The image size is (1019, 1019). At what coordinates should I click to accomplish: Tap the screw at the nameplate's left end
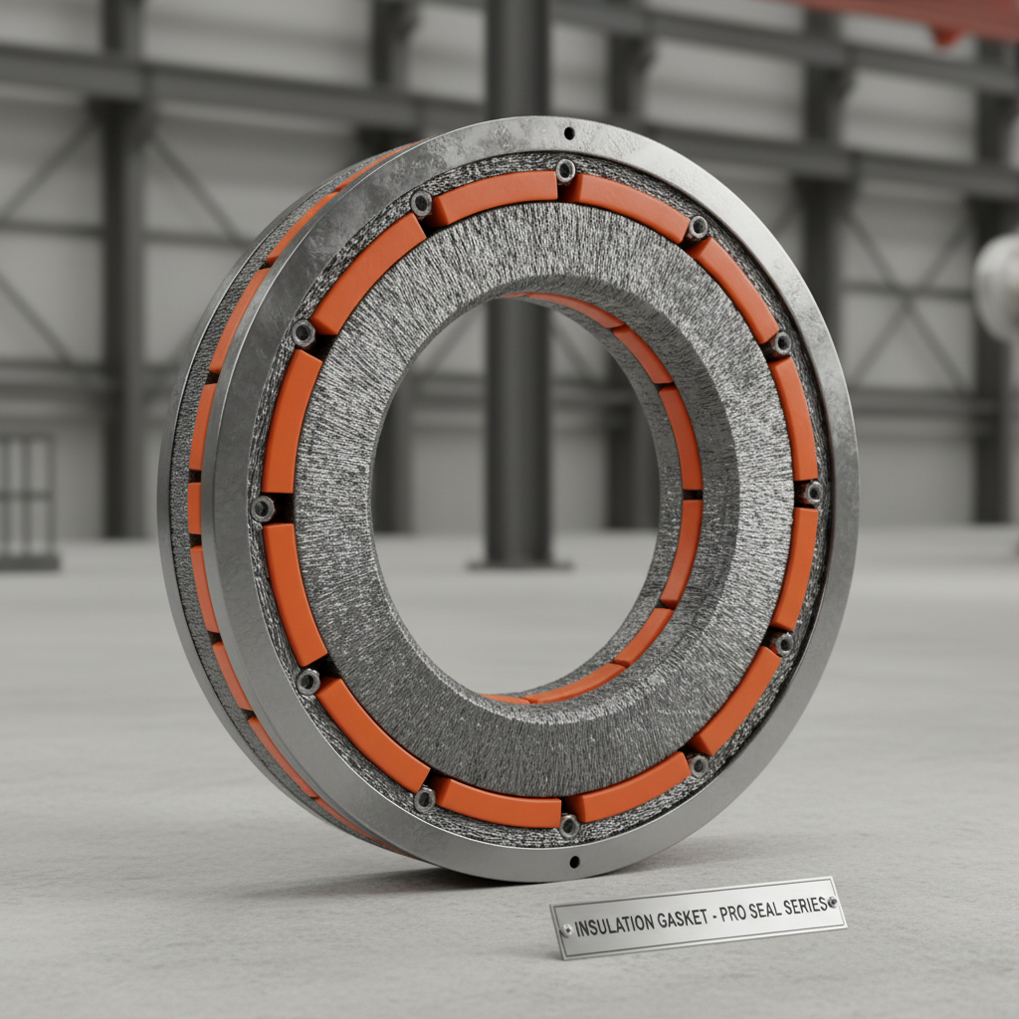tap(567, 929)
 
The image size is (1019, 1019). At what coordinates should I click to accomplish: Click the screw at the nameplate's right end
tap(832, 902)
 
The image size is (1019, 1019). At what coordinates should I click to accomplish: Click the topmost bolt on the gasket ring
tap(565, 170)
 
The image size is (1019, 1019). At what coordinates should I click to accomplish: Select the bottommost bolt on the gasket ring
tap(569, 824)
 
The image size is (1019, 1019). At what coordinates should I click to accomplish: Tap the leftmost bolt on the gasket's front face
tap(263, 509)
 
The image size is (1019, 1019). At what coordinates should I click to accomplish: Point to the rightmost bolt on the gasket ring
tap(812, 492)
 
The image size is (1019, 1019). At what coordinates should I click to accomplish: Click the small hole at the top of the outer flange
tap(569, 132)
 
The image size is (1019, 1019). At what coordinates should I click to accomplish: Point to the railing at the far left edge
tap(25, 498)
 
